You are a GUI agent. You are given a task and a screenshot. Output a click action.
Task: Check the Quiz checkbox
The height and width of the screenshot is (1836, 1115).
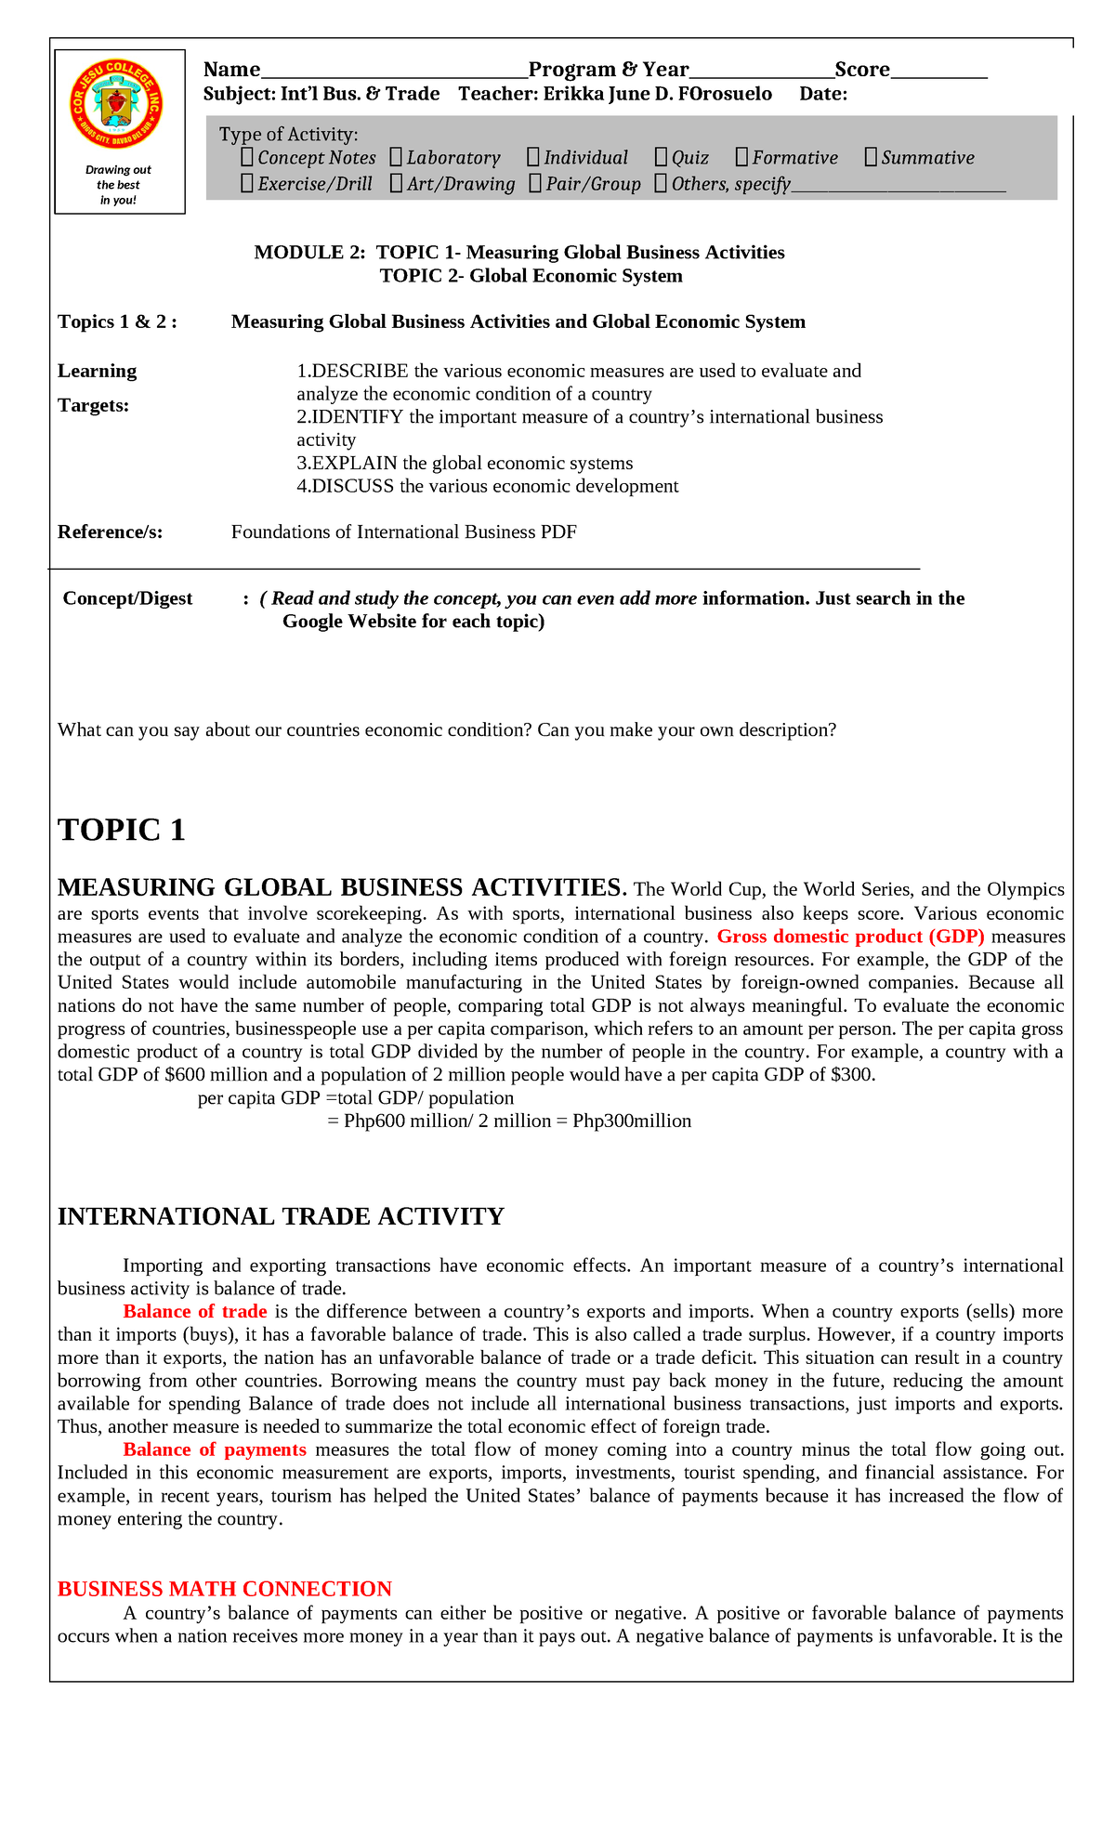coord(661,157)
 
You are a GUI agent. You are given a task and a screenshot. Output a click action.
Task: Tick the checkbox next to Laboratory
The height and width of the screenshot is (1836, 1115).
coord(396,157)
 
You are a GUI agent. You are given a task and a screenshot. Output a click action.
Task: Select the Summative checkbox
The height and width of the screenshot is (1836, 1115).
coord(871,157)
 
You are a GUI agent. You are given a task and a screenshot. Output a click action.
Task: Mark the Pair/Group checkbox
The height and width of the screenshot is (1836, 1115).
coord(535,183)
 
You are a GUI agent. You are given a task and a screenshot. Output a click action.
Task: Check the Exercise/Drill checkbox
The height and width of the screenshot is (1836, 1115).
coord(247,183)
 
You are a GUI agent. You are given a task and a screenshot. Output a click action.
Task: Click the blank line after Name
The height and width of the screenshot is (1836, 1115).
coord(394,72)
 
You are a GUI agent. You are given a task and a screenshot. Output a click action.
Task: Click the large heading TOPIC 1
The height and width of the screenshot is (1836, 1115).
coord(122,830)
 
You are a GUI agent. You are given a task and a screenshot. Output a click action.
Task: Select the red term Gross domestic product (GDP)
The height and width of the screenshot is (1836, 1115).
coord(851,937)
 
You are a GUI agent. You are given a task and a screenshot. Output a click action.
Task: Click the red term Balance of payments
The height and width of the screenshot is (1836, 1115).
coord(215,1450)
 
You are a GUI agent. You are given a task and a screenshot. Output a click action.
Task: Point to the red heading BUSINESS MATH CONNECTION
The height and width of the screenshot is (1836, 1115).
coord(225,1589)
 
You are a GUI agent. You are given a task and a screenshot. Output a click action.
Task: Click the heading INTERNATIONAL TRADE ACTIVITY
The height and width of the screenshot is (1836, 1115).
coord(281,1216)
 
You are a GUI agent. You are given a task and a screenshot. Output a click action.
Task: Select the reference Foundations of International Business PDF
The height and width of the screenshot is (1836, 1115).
coord(404,531)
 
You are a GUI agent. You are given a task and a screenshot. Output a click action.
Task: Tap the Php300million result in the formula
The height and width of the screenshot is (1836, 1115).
coord(632,1121)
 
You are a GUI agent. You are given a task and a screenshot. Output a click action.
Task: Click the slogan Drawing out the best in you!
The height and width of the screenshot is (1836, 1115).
coord(118,185)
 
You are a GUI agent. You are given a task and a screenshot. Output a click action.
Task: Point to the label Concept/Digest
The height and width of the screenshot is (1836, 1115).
coord(127,598)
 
